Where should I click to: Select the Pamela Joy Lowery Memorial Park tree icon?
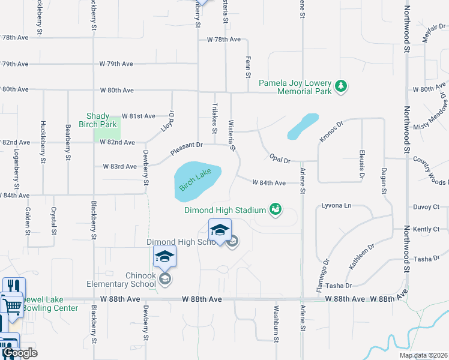341,86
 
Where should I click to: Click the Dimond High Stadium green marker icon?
276,209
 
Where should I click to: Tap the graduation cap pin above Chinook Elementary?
164,257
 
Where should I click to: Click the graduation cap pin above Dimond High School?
220,230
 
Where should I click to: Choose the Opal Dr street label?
279,160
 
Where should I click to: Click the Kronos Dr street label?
331,131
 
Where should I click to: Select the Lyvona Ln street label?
337,205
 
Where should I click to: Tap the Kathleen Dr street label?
361,256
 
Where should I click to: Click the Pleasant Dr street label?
187,149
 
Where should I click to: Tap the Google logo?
20,353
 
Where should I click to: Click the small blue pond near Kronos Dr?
303,126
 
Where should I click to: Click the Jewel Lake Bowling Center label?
50,304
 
